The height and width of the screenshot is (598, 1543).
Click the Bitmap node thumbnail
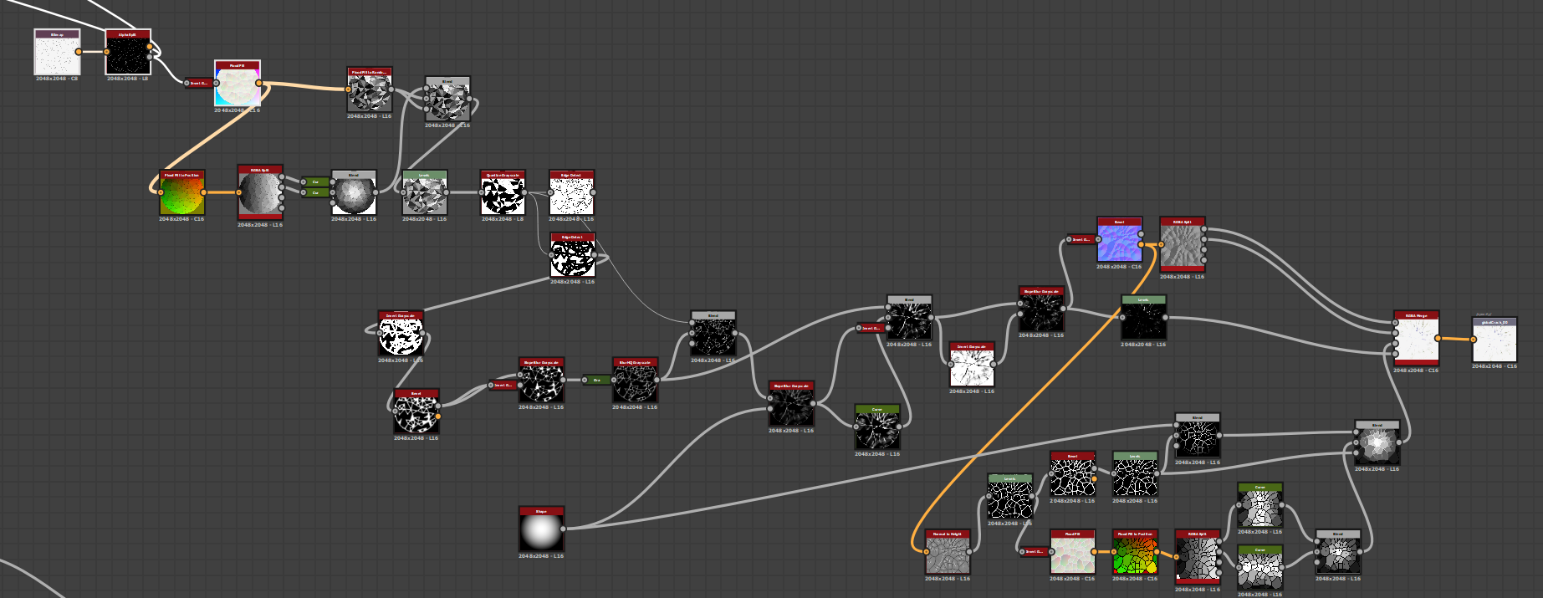coord(57,55)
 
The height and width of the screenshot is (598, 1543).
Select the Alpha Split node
coord(128,55)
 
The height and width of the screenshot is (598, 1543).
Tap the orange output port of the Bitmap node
coord(79,52)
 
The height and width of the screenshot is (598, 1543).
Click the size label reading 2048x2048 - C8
coord(57,79)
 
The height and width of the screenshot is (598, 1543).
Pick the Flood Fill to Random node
coord(370,93)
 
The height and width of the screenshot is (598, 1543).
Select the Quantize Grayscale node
coord(503,195)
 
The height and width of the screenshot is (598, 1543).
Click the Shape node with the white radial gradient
coord(541,530)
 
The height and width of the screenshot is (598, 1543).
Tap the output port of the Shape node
coord(563,529)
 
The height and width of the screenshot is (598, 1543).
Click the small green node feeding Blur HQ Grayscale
coord(596,380)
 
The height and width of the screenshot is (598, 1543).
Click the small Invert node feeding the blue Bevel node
coord(1081,239)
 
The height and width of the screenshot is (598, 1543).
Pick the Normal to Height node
coord(948,555)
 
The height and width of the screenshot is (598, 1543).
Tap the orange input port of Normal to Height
coord(927,552)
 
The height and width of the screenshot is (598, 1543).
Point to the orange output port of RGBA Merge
coord(1438,339)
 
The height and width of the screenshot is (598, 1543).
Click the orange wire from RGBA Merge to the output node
coord(1455,339)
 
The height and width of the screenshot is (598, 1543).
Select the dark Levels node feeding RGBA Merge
coord(1143,320)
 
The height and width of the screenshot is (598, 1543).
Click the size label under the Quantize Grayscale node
coord(503,219)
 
